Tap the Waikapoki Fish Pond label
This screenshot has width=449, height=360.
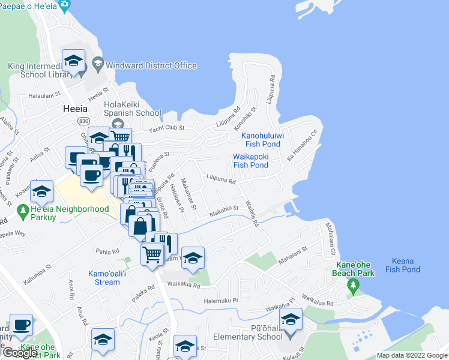(250, 161)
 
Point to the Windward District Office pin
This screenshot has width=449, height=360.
(97, 65)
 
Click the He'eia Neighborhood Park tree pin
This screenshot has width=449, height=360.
(23, 211)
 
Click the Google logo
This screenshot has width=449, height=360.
(20, 353)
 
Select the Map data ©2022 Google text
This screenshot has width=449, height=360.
(411, 355)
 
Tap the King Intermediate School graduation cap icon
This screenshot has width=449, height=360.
(73, 61)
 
